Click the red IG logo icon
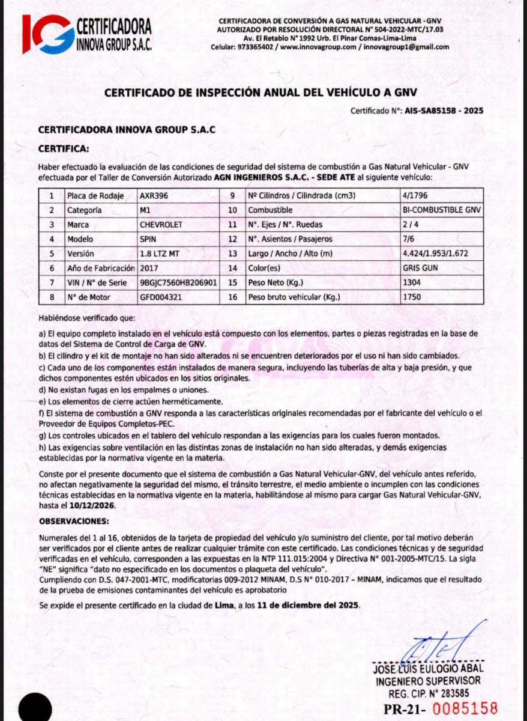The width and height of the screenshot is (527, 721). coord(48,34)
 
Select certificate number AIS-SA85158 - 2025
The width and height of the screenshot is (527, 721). coord(444,111)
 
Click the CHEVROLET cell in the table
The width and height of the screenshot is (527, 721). coord(160,225)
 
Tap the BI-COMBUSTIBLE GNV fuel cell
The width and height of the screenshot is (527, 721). coord(442,210)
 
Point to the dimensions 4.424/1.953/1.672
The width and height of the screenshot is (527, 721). coord(435,254)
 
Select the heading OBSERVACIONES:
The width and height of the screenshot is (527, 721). coord(74,522)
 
